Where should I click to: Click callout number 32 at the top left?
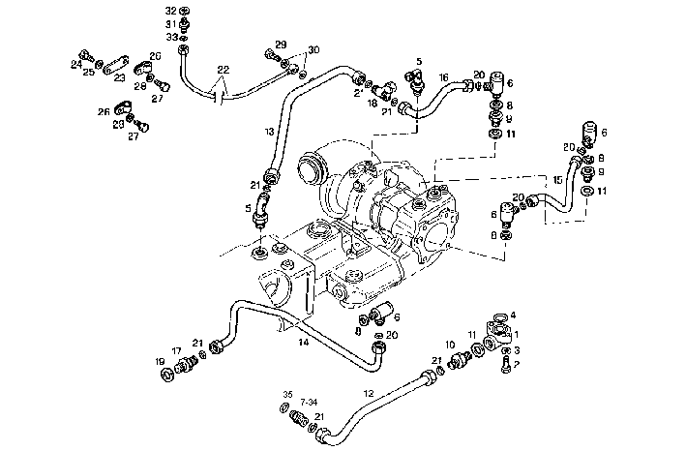170,10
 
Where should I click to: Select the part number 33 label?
170,37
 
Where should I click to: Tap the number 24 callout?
76,65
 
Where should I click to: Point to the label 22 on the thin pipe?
223,70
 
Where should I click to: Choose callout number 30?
313,49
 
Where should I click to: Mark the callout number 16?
443,75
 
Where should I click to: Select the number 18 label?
373,103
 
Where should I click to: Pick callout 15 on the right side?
557,180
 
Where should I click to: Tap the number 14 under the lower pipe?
303,342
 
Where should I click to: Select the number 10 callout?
450,345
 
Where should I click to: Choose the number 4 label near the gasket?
514,315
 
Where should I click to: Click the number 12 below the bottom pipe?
368,393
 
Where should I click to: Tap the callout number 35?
286,394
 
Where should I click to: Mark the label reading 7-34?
310,401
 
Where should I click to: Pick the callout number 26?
103,111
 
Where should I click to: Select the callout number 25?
88,72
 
